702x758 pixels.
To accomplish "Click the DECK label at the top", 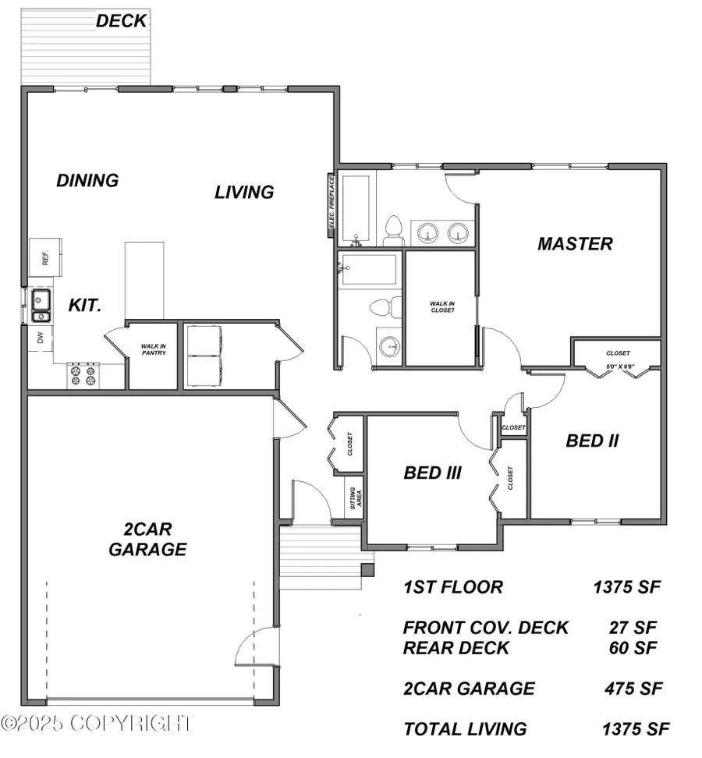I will pos(122,21).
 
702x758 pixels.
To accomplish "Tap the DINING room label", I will pos(87,180).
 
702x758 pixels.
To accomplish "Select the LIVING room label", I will pos(244,191).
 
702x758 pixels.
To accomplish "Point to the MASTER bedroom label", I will pos(575,243).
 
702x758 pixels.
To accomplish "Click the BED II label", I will pos(592,441).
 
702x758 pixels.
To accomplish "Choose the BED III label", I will pos(433,473).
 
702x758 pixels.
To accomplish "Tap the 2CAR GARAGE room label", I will pos(147,539).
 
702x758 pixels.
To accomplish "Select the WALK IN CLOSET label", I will pos(441,306).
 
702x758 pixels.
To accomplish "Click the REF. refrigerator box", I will pos(45,257).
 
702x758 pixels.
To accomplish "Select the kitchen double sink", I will pos(41,305).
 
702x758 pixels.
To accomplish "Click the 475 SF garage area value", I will pos(633,689).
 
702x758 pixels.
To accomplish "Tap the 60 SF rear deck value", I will pos(633,647).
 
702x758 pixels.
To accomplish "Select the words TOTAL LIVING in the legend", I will pos(465,730).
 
